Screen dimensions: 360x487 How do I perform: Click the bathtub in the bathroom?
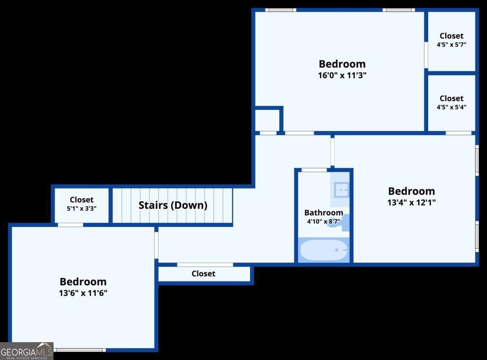tap(323, 250)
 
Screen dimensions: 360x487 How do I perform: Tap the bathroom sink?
tap(341, 190)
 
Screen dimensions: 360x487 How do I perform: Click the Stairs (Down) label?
tap(173, 205)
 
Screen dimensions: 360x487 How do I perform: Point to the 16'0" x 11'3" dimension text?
tap(342, 75)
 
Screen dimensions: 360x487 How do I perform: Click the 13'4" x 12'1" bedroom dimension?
tap(412, 202)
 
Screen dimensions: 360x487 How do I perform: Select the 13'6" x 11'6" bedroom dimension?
tap(83, 293)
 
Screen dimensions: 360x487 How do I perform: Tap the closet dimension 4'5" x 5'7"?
tap(451, 45)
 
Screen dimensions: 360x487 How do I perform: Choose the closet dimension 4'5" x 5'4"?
tap(451, 108)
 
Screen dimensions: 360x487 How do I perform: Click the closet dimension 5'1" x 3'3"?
tap(82, 208)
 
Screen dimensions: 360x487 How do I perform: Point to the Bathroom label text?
tap(323, 213)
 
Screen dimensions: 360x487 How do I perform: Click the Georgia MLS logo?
tap(27, 351)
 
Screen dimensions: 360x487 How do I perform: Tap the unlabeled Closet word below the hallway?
tap(203, 274)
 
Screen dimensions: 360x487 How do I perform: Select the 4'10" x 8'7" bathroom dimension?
tap(323, 222)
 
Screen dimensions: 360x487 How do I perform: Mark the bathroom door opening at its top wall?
tap(314, 170)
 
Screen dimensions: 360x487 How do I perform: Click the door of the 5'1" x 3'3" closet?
tap(70, 225)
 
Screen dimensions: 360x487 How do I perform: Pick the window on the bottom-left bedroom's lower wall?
tap(80, 349)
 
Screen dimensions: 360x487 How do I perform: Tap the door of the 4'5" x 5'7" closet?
tap(426, 55)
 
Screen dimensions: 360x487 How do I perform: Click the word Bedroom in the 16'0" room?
tap(342, 64)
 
